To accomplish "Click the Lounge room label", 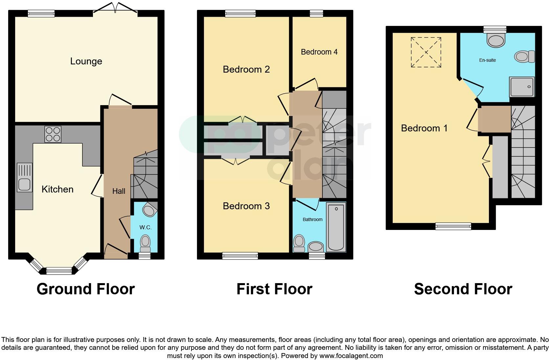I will coord(86,61).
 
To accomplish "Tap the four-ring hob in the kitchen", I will coord(53,134).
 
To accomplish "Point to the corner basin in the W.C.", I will coord(150,209).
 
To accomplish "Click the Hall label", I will coord(119,191).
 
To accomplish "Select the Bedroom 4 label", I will coord(319,52).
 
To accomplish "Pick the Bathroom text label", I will coord(312,219).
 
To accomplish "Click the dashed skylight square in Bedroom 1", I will coord(426,52).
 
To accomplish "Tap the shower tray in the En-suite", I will coord(522,87).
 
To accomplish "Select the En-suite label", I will coord(487,60).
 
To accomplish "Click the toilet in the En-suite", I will coord(524,56).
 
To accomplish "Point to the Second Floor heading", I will coord(463,289).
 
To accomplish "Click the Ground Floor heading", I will coord(86,289).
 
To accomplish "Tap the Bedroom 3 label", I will coord(246,206).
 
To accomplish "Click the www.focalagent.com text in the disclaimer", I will coord(351,355).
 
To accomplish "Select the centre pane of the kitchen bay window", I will coord(59,271).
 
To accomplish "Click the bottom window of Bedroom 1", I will coord(453,226).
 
